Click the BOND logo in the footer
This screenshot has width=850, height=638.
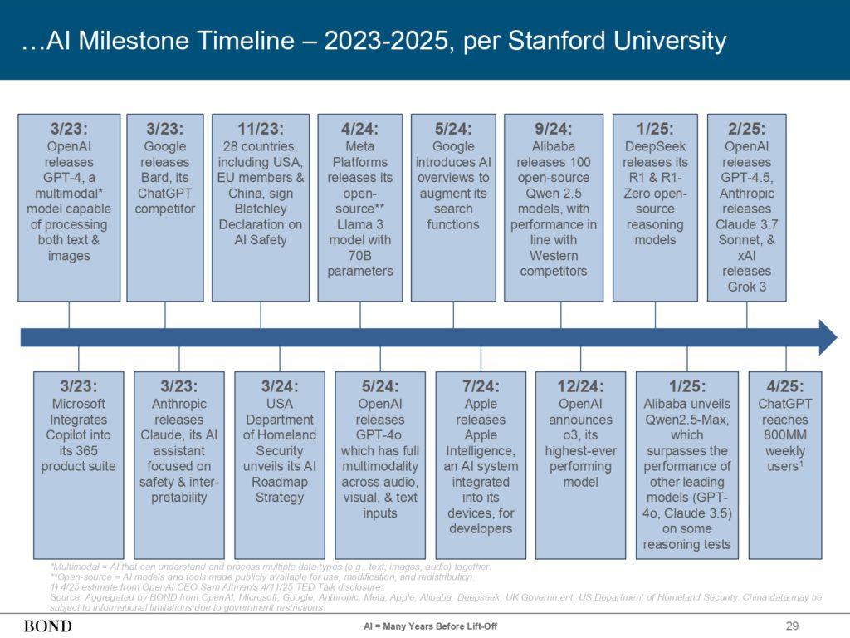coord(47,626)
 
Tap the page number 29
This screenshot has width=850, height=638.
coord(792,626)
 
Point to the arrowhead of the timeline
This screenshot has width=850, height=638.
coord(828,337)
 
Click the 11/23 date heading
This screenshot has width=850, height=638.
coord(260,129)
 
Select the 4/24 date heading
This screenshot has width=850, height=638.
coord(360,129)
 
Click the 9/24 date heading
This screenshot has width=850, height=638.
coord(554,129)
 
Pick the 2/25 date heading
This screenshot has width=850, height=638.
coord(746,129)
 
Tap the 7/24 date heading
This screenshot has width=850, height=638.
coord(481,386)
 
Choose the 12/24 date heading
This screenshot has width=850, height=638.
coord(580,386)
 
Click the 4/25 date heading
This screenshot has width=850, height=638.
coord(785,386)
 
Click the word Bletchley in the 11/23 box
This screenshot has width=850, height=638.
coord(260,209)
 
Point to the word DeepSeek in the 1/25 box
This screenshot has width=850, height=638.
coord(655,146)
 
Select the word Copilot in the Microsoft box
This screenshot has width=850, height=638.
coord(78,435)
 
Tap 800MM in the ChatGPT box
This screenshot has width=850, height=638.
coord(785,435)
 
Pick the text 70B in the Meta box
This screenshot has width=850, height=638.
coord(360,256)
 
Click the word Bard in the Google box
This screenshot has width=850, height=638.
coord(155,178)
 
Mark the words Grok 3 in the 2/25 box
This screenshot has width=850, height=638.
coord(746,287)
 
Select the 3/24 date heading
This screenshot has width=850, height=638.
coord(280,386)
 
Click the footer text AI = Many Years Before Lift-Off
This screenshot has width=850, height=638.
coord(431,626)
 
